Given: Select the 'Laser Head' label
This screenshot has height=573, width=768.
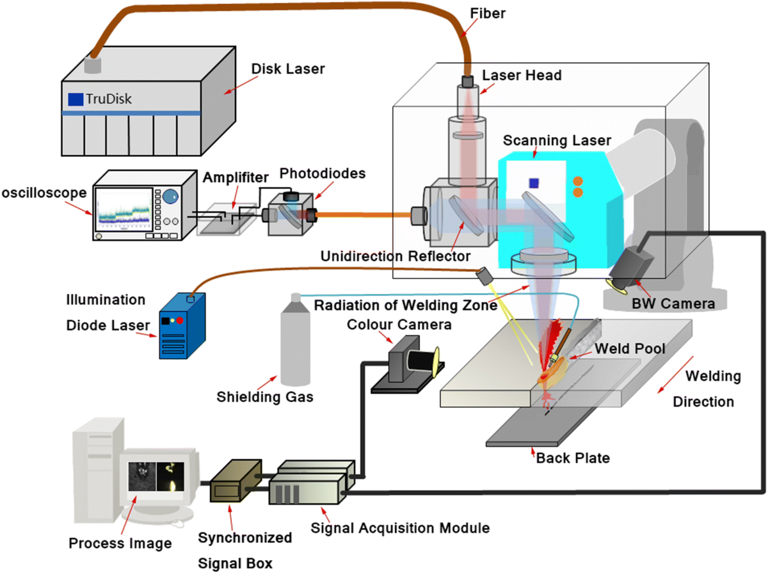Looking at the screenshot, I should [522, 76].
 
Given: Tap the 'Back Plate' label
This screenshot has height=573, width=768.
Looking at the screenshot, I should [573, 458].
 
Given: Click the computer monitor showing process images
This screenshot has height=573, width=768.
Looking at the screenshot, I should [156, 477].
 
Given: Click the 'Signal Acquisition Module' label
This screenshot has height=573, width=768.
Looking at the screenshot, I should [400, 528].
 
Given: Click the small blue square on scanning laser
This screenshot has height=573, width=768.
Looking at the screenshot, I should [534, 183].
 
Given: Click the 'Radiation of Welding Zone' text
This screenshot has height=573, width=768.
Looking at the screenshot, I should [405, 305].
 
